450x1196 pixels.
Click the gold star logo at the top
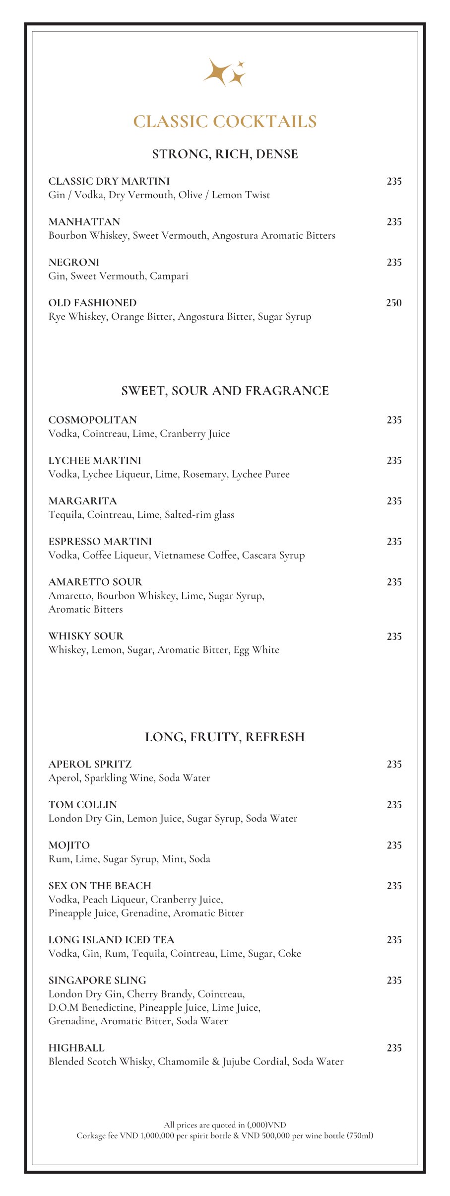tap(224, 72)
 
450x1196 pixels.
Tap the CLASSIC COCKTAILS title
tap(225, 122)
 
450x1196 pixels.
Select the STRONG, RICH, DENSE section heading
tap(225, 154)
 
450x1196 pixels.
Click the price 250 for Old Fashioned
tap(394, 303)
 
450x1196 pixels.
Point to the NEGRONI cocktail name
tap(74, 262)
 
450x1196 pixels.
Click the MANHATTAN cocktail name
tap(84, 222)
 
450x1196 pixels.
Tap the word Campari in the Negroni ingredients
tap(169, 276)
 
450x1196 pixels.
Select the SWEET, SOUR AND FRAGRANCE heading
tap(225, 391)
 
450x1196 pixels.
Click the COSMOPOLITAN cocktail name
tap(93, 420)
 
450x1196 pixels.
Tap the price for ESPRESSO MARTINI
tap(394, 542)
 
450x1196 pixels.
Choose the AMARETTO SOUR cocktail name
tap(95, 582)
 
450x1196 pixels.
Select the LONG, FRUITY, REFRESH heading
tap(225, 737)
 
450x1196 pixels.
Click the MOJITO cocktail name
tap(69, 845)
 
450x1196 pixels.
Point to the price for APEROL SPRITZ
tap(394, 765)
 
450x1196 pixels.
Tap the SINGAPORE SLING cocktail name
tap(97, 981)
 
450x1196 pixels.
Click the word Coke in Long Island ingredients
tap(289, 954)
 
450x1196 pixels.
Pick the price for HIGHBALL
tap(394, 1048)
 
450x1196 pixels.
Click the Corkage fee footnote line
tap(225, 1135)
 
